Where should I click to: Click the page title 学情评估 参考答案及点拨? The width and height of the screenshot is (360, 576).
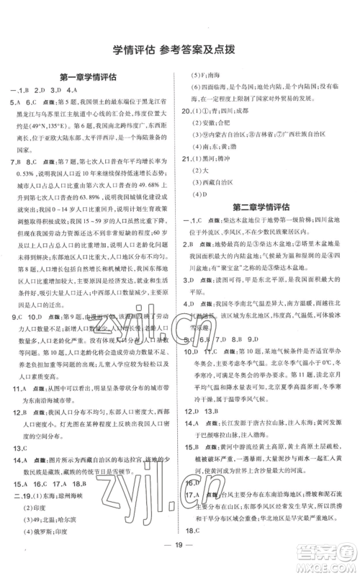pos(180,50)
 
